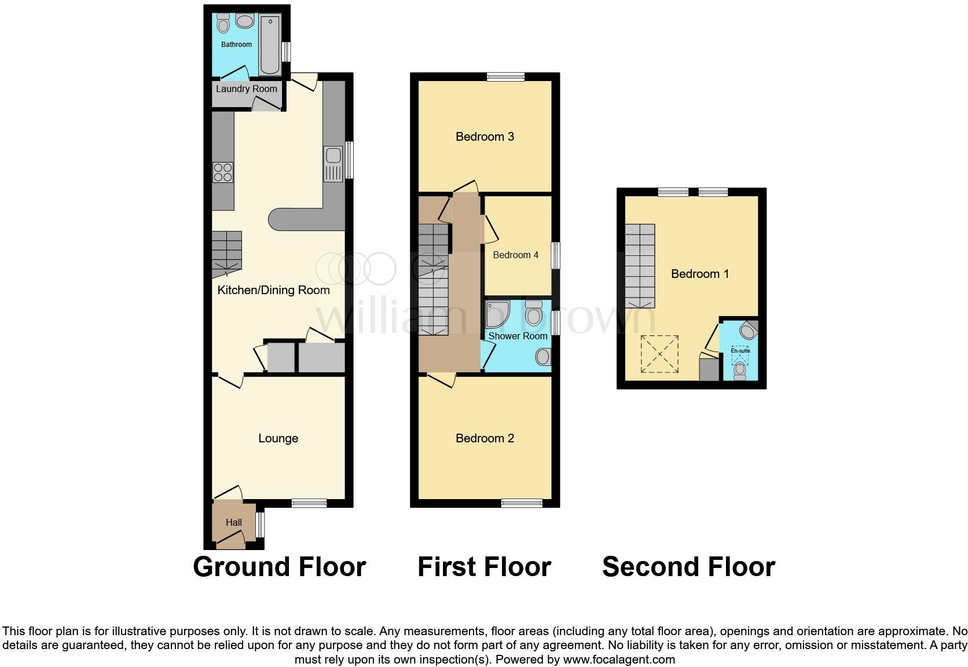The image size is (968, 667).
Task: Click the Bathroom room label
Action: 236,45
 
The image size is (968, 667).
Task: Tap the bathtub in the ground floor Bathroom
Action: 270,46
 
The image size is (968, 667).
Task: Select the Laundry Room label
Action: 247,89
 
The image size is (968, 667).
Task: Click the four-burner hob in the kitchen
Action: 223,172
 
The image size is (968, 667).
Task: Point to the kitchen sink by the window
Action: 333,156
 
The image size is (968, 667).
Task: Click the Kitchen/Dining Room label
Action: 273,290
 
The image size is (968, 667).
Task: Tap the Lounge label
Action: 278,439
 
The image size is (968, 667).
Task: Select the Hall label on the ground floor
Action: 234,522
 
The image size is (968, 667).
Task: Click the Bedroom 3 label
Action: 485,137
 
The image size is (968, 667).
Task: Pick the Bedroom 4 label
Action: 515,255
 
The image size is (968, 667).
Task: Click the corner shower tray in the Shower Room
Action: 497,313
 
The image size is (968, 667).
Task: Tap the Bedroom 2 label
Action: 485,438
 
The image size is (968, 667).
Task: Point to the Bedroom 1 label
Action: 699,274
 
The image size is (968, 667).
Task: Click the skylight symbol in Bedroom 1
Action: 659,354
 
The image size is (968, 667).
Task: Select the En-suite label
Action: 740,351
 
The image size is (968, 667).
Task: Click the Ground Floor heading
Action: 279,567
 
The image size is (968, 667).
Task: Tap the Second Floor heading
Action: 688,567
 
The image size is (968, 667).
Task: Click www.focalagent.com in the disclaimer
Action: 619,659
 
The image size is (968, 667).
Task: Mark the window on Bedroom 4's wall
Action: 556,255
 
